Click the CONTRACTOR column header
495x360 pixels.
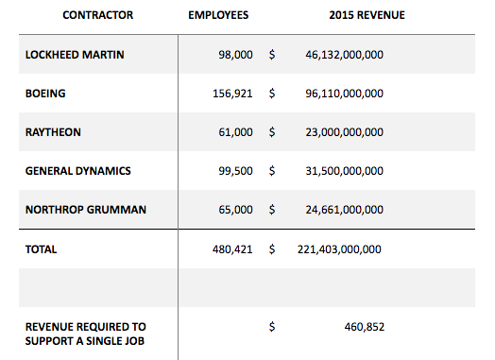[98, 15]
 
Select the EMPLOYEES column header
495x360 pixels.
[218, 15]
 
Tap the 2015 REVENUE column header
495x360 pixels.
[367, 15]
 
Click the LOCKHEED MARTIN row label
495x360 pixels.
[75, 55]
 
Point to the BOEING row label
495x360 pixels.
[45, 94]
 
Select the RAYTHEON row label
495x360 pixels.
[53, 132]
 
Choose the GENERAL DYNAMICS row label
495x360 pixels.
[78, 171]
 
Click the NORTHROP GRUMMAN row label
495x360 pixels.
[86, 210]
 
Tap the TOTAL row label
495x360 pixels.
[41, 249]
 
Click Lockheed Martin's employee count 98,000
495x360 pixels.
[235, 55]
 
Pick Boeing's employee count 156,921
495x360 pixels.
[232, 94]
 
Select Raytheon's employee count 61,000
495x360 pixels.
[235, 132]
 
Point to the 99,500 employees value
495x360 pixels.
[235, 171]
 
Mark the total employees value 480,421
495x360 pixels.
[232, 249]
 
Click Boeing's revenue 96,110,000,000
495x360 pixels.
[345, 94]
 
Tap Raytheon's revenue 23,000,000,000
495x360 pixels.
[345, 132]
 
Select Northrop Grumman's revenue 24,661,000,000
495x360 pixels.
[345, 210]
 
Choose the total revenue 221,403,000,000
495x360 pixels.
[339, 249]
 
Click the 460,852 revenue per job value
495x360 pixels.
[365, 327]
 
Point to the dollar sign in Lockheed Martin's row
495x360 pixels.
[272, 55]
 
